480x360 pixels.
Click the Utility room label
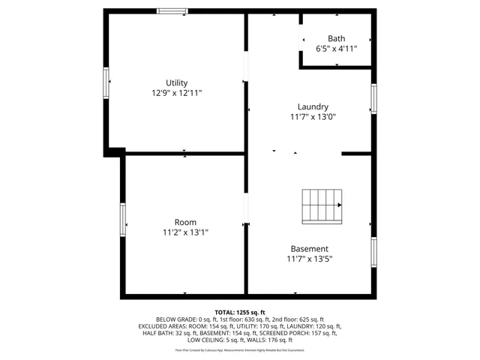[x=177, y=82]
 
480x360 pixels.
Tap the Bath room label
[x=336, y=39]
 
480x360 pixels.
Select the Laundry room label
[x=313, y=106]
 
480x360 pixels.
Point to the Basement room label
[x=309, y=249]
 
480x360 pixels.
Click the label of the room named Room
[x=185, y=222]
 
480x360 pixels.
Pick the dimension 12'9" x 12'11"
[x=177, y=93]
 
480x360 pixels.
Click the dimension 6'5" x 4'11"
[x=336, y=49]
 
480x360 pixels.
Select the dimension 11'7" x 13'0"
[x=313, y=117]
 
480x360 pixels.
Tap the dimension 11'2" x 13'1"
[x=185, y=232]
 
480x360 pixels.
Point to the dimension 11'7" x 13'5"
[x=309, y=259]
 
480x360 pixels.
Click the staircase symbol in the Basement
[x=322, y=205]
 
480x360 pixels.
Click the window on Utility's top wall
[x=172, y=10]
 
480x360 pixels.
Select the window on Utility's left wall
[x=106, y=82]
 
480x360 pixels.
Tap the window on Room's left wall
[x=123, y=220]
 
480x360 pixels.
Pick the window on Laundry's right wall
[x=373, y=98]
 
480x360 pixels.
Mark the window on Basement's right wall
[x=373, y=252]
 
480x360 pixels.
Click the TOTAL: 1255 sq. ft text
[x=240, y=312]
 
